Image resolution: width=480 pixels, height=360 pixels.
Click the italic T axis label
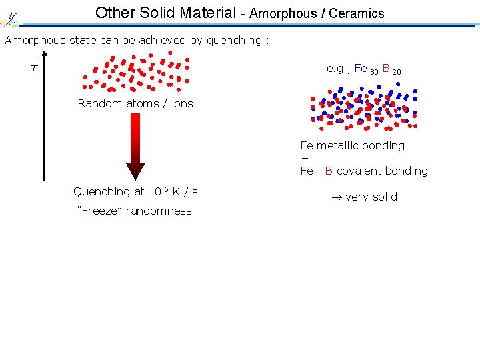33,70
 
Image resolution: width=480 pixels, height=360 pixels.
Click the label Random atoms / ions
135,103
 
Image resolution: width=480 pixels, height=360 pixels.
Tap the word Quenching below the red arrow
102,192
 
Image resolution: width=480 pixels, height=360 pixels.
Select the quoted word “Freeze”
101,211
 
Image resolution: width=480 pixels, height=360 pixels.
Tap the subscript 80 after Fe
374,71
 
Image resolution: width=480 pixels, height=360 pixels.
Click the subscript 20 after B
397,71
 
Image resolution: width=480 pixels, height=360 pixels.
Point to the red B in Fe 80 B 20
385,69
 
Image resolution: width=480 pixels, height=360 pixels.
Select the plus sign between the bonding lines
305,159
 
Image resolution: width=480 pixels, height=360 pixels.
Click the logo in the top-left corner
9,18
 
